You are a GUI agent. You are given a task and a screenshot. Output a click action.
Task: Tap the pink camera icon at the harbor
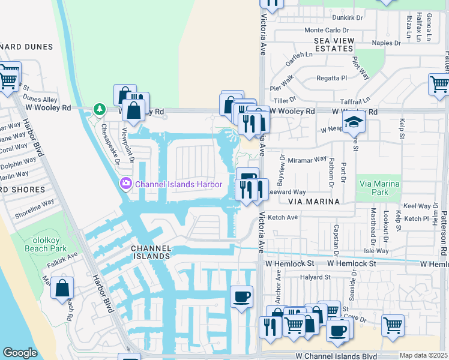pos(126,184)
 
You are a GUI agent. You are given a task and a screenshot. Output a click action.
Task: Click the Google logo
pos(20,353)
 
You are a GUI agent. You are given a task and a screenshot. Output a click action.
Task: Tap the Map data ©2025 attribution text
pos(424,355)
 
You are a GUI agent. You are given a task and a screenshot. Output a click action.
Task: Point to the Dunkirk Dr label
pos(348,18)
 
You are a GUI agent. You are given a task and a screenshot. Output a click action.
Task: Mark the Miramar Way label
pos(307,160)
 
